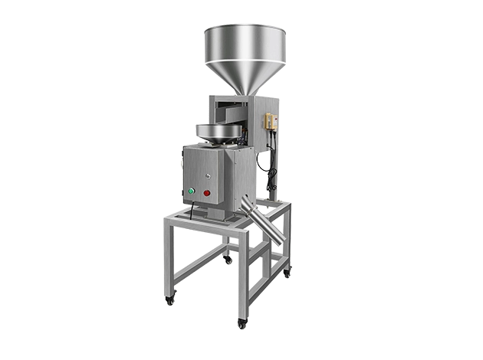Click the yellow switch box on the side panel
(270, 123)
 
